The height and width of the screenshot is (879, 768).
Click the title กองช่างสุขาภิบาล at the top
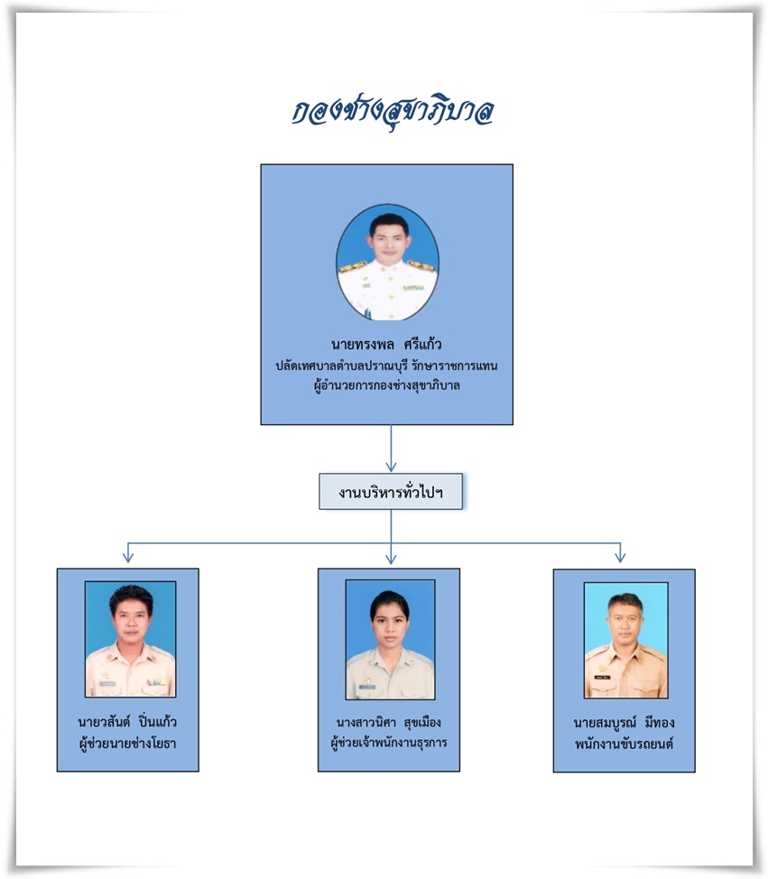[393, 112]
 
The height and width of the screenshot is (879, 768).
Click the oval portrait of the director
[387, 262]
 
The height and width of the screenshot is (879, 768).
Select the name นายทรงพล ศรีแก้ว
[386, 344]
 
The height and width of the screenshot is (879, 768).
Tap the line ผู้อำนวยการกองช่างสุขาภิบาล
[387, 385]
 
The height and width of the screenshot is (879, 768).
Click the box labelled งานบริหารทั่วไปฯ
[391, 492]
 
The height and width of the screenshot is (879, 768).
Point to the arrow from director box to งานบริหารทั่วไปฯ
[391, 449]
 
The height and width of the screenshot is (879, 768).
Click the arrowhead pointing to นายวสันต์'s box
[128, 557]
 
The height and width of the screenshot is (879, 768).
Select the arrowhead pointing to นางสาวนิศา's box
[391, 558]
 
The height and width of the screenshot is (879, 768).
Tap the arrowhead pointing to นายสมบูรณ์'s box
[620, 557]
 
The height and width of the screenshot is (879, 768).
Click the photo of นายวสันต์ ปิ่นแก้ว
[130, 639]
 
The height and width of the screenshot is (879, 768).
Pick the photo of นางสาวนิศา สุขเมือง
[390, 640]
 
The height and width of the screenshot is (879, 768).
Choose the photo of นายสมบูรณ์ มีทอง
[625, 640]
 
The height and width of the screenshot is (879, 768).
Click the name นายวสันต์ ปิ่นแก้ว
[127, 721]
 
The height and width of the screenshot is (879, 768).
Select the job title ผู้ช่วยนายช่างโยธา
[128, 744]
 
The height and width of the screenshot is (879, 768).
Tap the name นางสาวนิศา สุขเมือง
[388, 722]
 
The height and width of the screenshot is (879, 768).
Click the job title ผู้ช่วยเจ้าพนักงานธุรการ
[389, 743]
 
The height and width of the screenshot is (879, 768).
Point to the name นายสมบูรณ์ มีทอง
[624, 723]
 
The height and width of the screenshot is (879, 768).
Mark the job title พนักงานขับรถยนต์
[624, 744]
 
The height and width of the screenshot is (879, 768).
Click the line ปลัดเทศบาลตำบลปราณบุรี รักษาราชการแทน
[386, 365]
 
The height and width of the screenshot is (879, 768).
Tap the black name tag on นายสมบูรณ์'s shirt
[602, 677]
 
